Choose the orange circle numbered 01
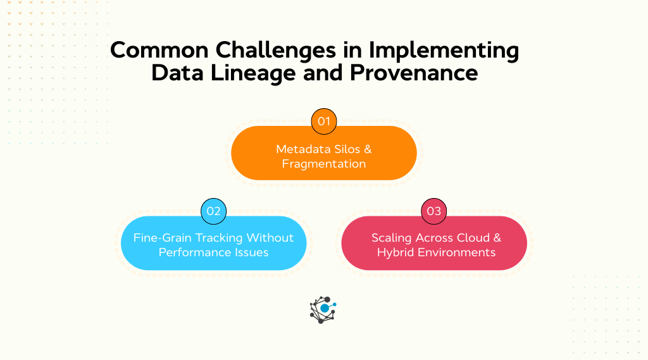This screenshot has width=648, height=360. (324, 121)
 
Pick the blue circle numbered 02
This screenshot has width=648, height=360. (213, 211)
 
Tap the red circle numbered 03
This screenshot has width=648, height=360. (434, 211)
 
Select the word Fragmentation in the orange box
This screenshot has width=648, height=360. (324, 164)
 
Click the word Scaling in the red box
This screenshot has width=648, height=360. (392, 238)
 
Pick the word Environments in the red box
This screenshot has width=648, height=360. (455, 252)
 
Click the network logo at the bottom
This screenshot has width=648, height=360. (323, 309)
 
